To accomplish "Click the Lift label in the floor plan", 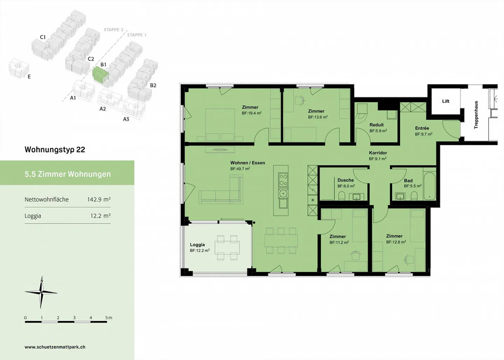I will pyautogui.click(x=446, y=101).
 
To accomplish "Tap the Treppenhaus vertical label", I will pyautogui.click(x=476, y=115).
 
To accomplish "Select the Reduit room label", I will pyautogui.click(x=377, y=125).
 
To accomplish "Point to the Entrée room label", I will pyautogui.click(x=422, y=128).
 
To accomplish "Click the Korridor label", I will pyautogui.click(x=378, y=153).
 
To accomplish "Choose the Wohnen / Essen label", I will pyautogui.click(x=247, y=163).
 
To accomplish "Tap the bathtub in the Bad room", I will pyautogui.click(x=429, y=186).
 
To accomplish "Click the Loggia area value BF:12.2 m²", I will pyautogui.click(x=199, y=250).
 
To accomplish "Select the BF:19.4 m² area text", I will pyautogui.click(x=252, y=113).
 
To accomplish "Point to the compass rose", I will pyautogui.click(x=41, y=292).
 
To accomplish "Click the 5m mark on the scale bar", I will pyautogui.click(x=108, y=318).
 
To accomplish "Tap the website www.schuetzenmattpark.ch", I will pyautogui.click(x=55, y=347).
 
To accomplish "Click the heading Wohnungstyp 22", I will pyautogui.click(x=55, y=150).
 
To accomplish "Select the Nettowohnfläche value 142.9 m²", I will pyautogui.click(x=99, y=199).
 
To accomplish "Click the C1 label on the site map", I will pyautogui.click(x=43, y=37).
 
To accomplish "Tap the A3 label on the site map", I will pyautogui.click(x=126, y=119).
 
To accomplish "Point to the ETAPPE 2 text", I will pyautogui.click(x=114, y=30).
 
